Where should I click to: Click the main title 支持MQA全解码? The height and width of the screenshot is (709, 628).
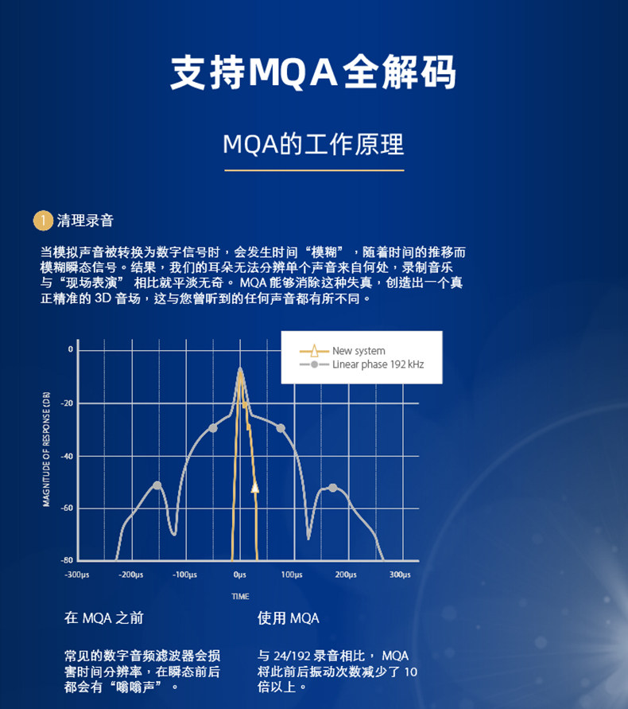click(x=313, y=72)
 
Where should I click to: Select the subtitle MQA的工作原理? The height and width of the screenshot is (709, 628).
click(x=313, y=145)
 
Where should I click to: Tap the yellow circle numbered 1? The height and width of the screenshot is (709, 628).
click(x=43, y=220)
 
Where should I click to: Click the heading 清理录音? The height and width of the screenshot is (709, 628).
click(x=85, y=220)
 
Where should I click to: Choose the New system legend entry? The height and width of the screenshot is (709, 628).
click(x=343, y=351)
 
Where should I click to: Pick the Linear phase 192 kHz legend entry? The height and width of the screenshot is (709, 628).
click(x=362, y=364)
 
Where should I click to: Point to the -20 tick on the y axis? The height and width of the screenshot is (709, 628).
click(x=67, y=403)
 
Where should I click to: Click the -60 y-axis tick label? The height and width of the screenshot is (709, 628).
click(x=67, y=508)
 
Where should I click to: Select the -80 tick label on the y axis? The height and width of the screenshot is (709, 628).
click(x=67, y=560)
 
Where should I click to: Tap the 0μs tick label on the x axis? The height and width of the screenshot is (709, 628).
click(x=240, y=575)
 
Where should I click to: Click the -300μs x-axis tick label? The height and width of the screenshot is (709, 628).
click(x=77, y=575)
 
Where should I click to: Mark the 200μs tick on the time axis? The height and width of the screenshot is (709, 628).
click(x=346, y=575)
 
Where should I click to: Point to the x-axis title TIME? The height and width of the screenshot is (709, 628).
click(x=240, y=597)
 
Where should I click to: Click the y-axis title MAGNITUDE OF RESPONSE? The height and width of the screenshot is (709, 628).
click(x=46, y=449)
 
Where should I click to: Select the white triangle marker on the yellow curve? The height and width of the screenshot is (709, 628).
click(x=255, y=488)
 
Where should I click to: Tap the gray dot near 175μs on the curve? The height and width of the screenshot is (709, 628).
click(x=333, y=488)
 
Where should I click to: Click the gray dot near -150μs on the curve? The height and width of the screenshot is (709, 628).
click(x=157, y=485)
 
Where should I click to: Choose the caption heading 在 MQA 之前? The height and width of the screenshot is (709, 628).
click(x=104, y=617)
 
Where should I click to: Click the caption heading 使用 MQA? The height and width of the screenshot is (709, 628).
click(x=289, y=617)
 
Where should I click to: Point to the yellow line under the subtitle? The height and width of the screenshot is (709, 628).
click(x=315, y=170)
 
